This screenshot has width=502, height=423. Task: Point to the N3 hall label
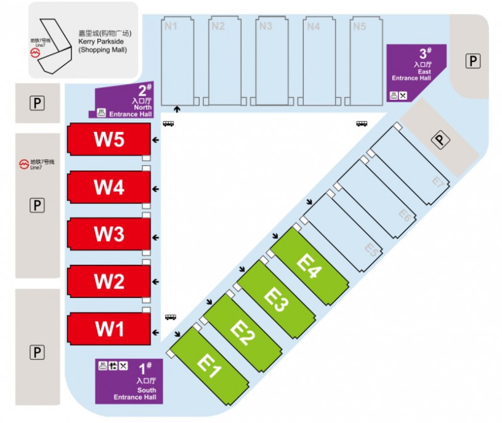[265, 26]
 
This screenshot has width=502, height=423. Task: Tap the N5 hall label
[359, 26]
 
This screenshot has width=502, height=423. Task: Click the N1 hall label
[171, 26]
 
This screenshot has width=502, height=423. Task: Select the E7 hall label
[438, 183]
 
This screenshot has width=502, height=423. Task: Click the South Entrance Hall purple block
[129, 382]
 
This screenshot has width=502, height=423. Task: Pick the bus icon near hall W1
[171, 317]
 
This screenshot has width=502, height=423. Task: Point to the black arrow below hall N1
[177, 109]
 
